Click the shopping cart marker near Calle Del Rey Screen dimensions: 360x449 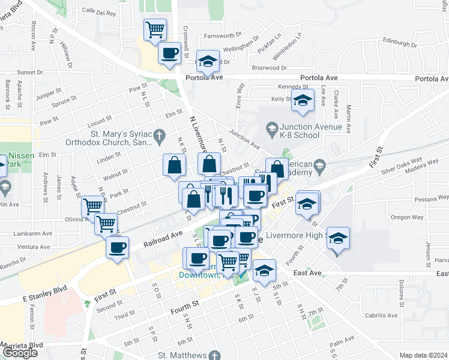click(155, 29)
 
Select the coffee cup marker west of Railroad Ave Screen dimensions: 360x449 click(117, 247)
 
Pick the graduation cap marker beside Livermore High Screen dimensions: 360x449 click(338, 239)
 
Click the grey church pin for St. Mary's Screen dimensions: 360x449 click(158, 137)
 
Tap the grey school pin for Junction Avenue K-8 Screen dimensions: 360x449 click(271, 127)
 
